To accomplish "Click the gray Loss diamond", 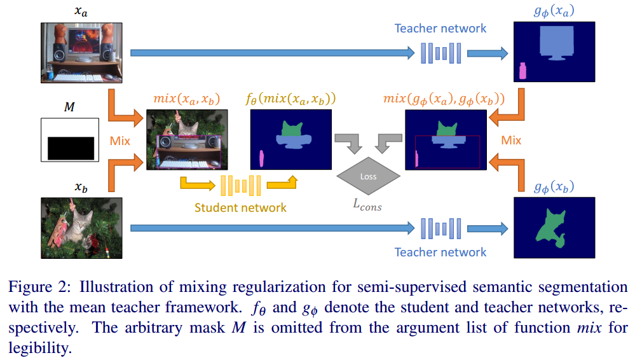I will coord(368,176).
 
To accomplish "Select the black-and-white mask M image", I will coord(69,139).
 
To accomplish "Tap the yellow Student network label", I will coord(240,207).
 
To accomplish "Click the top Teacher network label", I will coord(440,28).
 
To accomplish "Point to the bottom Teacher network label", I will coord(440,252).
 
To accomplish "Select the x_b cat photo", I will coord(81,228).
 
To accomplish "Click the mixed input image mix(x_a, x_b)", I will coord(186,139).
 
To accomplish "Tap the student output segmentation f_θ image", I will coord(292,139).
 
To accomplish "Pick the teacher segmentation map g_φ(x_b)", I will coord(554,228).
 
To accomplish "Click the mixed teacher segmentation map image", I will coord(446,139).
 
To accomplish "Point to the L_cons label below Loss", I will coord(367,205).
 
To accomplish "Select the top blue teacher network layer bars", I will coord(440,53).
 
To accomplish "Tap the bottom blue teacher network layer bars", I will coord(440,228).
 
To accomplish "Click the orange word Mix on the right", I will coord(511,140).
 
